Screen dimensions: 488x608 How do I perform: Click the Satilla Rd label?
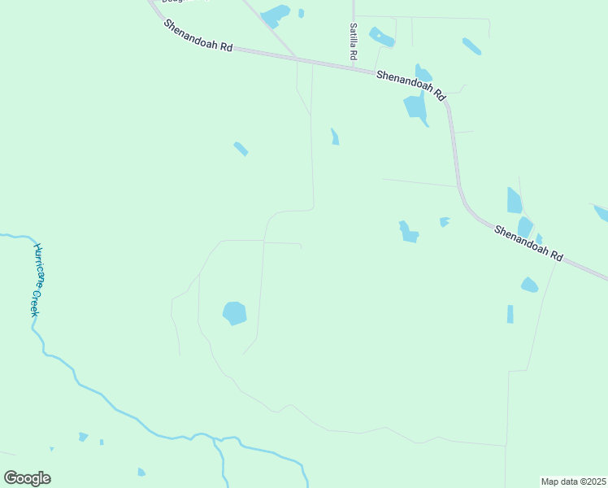point(353,42)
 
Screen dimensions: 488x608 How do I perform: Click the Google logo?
point(27,478)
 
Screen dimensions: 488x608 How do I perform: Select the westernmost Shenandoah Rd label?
point(198,36)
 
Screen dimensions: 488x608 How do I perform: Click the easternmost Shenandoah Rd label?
point(528,242)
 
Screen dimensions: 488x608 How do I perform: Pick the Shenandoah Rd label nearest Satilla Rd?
point(410,84)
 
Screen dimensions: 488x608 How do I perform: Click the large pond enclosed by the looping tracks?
point(234,312)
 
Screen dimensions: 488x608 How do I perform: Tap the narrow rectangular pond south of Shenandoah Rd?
point(510,314)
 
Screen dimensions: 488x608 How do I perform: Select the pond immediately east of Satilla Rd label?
point(381,37)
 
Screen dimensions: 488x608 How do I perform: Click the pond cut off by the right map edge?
point(601,212)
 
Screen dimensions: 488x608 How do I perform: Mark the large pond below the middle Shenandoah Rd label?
point(415,107)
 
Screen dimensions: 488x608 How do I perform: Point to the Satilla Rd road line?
point(354,10)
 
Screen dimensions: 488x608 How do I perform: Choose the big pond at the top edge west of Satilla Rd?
point(276,15)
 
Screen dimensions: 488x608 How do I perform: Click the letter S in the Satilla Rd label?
point(353,27)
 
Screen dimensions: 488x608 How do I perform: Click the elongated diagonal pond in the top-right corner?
point(471,46)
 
